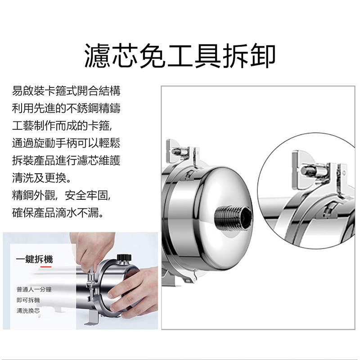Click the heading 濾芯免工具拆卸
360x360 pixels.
point(180,55)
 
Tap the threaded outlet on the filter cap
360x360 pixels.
point(233,217)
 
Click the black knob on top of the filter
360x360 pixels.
point(124,257)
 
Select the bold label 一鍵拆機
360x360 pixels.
point(35,259)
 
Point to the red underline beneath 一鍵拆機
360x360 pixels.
point(46,267)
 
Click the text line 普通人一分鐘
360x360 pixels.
point(34,289)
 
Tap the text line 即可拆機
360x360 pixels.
point(28,300)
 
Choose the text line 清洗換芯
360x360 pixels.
point(28,310)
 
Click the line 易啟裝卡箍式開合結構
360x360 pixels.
point(66,91)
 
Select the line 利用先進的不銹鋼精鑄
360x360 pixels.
point(66,108)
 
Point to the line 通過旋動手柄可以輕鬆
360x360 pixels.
point(66,143)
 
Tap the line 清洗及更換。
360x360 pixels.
point(41,177)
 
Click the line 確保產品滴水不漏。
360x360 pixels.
point(58,212)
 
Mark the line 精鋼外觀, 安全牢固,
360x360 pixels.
point(62,195)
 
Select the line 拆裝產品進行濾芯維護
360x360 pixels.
point(66,160)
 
